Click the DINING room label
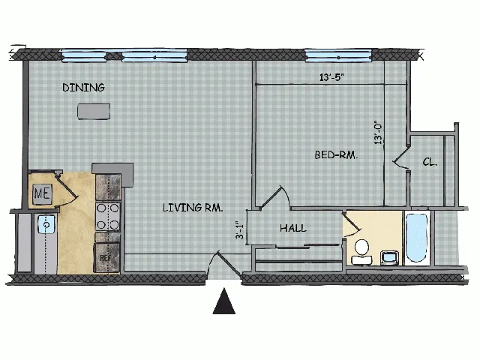[x=83, y=88]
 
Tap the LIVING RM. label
[x=193, y=208]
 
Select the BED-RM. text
[x=336, y=155]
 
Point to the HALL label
[x=293, y=228]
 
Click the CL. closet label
[x=430, y=162]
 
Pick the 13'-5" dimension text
[x=331, y=77]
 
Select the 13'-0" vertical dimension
[x=378, y=133]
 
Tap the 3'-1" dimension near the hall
[x=240, y=230]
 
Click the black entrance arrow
[x=224, y=301]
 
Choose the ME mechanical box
[x=43, y=193]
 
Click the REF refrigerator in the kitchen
[x=107, y=257]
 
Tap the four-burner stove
[x=108, y=217]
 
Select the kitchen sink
[x=46, y=224]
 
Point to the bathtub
[x=416, y=238]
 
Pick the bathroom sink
[x=389, y=257]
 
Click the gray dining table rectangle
[x=94, y=112]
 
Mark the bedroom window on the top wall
[x=338, y=55]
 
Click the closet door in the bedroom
[x=402, y=157]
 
